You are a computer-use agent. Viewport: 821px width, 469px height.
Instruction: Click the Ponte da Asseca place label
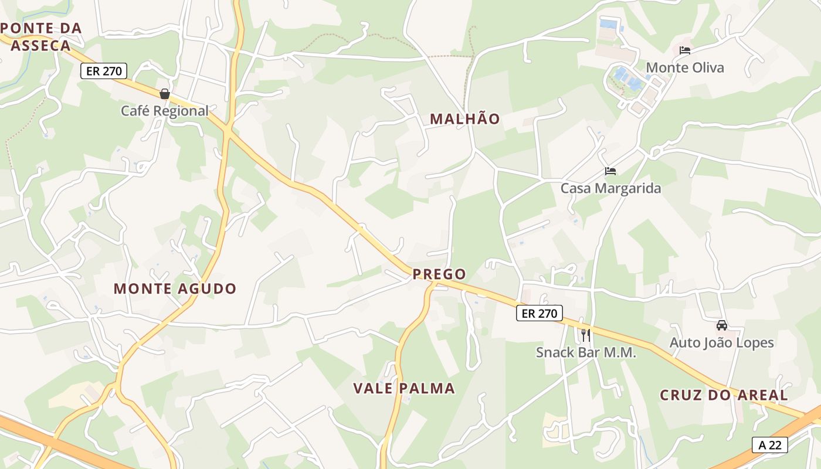click(x=41, y=36)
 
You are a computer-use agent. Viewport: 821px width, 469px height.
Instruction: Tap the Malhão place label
click(x=465, y=119)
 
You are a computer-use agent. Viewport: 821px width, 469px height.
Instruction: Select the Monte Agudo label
click(x=175, y=288)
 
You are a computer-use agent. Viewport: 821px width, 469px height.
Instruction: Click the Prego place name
click(x=439, y=274)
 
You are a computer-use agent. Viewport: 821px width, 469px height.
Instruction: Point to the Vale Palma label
click(x=404, y=388)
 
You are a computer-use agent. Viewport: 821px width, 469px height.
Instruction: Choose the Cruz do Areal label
click(x=724, y=395)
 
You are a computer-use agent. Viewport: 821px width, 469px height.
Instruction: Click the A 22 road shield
click(x=769, y=445)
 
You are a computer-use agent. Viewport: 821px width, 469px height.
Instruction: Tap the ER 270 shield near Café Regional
click(x=104, y=72)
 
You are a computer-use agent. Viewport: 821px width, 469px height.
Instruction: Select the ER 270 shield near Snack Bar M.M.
click(x=539, y=313)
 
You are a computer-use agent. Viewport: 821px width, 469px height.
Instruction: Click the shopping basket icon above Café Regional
click(x=165, y=94)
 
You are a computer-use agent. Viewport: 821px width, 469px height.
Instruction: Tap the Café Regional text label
click(x=165, y=111)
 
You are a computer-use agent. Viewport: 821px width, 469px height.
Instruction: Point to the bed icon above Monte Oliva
click(x=684, y=50)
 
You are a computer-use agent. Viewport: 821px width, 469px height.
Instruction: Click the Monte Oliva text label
click(x=685, y=67)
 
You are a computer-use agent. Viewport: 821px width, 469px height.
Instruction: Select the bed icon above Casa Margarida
click(x=610, y=171)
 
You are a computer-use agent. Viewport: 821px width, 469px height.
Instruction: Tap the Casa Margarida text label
click(x=610, y=188)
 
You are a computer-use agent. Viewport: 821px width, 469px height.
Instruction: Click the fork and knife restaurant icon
click(x=585, y=335)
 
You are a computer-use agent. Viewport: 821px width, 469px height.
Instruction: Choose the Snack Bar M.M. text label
click(x=586, y=352)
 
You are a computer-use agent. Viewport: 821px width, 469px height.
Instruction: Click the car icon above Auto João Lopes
click(x=722, y=325)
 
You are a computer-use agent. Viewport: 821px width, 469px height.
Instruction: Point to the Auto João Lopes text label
click(x=722, y=343)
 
